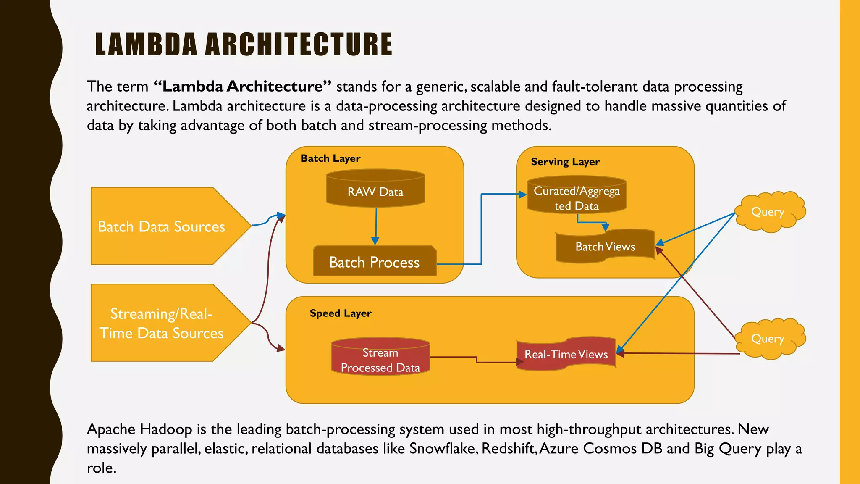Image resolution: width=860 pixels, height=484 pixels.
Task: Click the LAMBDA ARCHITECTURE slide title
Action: (x=244, y=45)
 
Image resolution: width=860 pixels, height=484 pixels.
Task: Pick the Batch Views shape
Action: (x=605, y=247)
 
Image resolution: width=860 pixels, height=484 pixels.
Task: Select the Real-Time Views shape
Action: (x=566, y=354)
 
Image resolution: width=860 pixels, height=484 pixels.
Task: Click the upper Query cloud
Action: (x=768, y=212)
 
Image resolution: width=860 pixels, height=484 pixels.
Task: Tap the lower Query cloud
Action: (x=768, y=339)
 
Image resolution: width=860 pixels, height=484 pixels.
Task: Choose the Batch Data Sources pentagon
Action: (x=162, y=226)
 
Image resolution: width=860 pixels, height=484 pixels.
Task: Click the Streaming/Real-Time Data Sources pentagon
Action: (x=162, y=323)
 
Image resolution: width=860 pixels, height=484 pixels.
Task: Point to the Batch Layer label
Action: (x=330, y=158)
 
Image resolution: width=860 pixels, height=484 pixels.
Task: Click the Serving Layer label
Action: (x=565, y=162)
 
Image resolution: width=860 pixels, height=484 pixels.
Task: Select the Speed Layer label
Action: (x=341, y=313)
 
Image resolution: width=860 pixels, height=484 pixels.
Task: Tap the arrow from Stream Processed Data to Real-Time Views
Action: (x=477, y=359)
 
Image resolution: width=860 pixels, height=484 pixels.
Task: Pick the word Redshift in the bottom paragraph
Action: (x=509, y=449)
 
